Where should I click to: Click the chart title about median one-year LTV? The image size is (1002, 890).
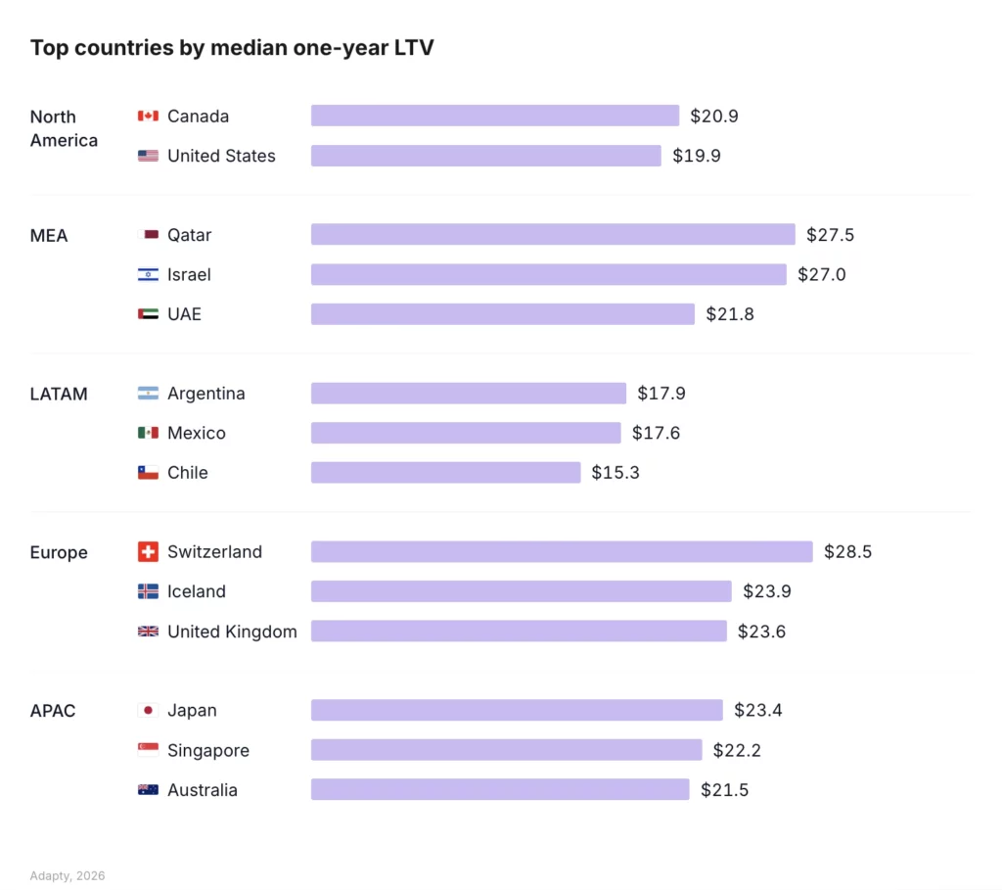pos(232,48)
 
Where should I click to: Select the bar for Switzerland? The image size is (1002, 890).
pos(562,552)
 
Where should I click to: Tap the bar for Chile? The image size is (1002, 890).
pos(445,473)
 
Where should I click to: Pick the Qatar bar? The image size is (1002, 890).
pos(553,235)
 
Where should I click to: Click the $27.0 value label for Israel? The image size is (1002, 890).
pos(821,275)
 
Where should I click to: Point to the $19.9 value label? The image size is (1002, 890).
pos(696,156)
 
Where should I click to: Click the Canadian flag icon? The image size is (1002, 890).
pos(148,117)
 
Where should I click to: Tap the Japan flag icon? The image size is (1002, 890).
pos(148,711)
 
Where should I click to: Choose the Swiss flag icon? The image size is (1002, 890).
pos(148,552)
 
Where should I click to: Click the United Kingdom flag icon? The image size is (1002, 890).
pos(148,632)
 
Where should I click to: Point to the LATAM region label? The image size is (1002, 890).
pos(59,395)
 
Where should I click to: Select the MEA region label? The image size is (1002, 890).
pos(49,236)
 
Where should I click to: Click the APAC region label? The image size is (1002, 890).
pos(53,711)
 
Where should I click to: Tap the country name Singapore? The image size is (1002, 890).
pos(207,751)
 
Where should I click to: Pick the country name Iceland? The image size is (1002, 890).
pos(196,592)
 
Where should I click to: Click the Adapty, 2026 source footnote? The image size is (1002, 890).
pos(68,875)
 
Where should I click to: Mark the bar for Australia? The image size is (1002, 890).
pos(500,790)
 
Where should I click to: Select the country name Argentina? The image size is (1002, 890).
pos(205,394)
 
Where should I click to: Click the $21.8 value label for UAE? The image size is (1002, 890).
pos(729,314)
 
